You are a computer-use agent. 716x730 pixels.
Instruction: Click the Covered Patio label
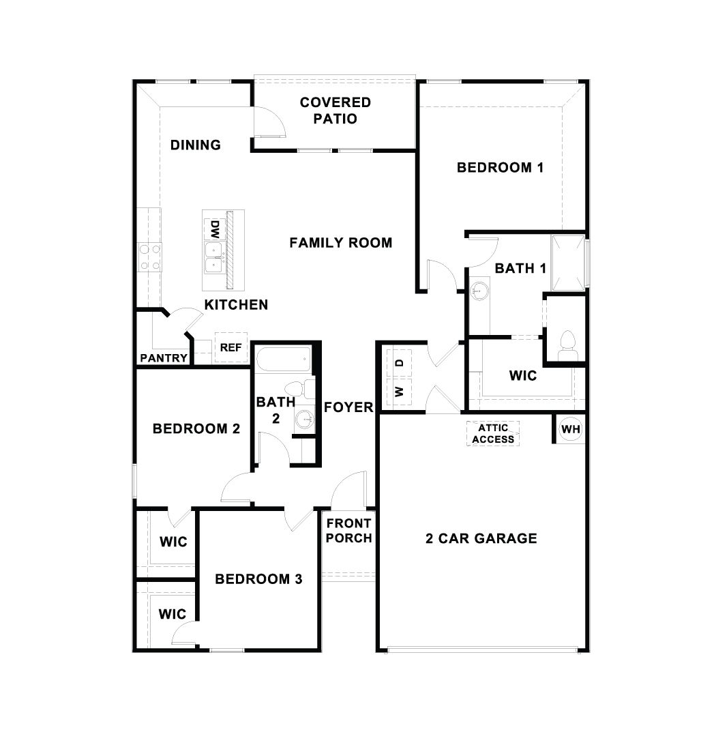tap(335, 111)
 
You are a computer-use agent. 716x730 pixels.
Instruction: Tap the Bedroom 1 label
tap(500, 167)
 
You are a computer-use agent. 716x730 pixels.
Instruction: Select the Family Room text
tap(340, 242)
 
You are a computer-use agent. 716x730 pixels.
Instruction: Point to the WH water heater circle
tap(570, 430)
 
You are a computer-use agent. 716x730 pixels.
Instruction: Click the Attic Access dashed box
tap(493, 433)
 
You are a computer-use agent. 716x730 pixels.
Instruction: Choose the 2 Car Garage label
tap(481, 538)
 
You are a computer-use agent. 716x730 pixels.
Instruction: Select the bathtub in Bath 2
tap(283, 358)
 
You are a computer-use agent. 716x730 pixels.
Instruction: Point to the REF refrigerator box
tap(230, 347)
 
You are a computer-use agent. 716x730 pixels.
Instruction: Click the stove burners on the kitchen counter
tap(149, 257)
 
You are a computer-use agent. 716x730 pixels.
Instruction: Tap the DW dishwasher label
tap(215, 228)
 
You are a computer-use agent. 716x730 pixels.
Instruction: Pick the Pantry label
tap(164, 358)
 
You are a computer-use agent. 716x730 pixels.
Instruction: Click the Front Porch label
tap(348, 530)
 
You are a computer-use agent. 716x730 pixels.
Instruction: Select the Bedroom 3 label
tap(258, 579)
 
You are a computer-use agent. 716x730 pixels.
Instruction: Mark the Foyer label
tap(348, 407)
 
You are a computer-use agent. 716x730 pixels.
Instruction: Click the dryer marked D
tap(400, 362)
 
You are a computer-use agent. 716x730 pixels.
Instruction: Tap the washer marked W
tap(400, 392)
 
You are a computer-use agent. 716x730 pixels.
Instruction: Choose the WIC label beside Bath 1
tap(523, 375)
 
